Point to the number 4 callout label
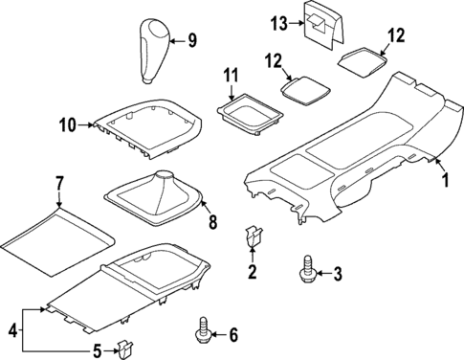(12, 330)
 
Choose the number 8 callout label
(212, 224)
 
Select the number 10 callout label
(67, 124)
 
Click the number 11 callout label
(230, 75)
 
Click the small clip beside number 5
(122, 348)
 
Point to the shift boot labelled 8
(157, 199)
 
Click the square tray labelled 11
(248, 116)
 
